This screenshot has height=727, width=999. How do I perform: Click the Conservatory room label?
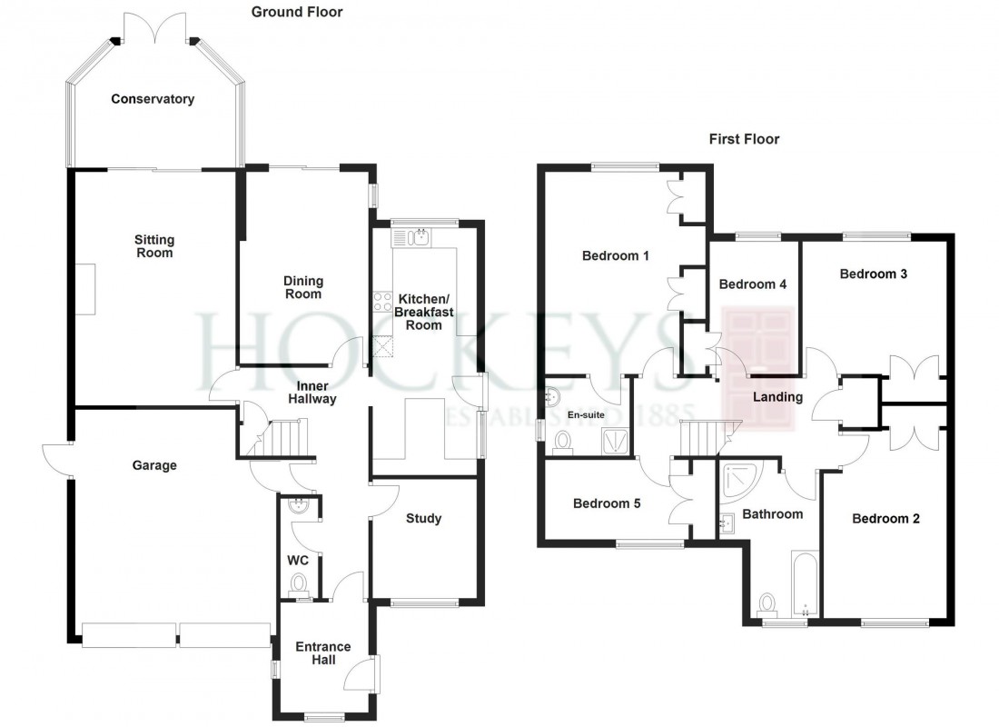153,99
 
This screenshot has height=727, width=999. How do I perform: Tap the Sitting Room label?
154,246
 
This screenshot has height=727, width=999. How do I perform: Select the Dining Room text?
302,287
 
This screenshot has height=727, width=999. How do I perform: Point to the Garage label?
153,465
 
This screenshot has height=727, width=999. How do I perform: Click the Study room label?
423,519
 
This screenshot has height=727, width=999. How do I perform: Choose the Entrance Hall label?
323,652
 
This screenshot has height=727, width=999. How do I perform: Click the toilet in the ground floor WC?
299,583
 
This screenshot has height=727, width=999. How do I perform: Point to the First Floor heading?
744,139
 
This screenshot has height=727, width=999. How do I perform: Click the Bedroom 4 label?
752,284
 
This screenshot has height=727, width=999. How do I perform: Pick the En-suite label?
586,415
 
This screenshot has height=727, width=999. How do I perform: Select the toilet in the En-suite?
563,442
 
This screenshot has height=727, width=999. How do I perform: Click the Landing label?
778,397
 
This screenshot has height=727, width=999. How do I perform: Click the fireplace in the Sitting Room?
85,288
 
